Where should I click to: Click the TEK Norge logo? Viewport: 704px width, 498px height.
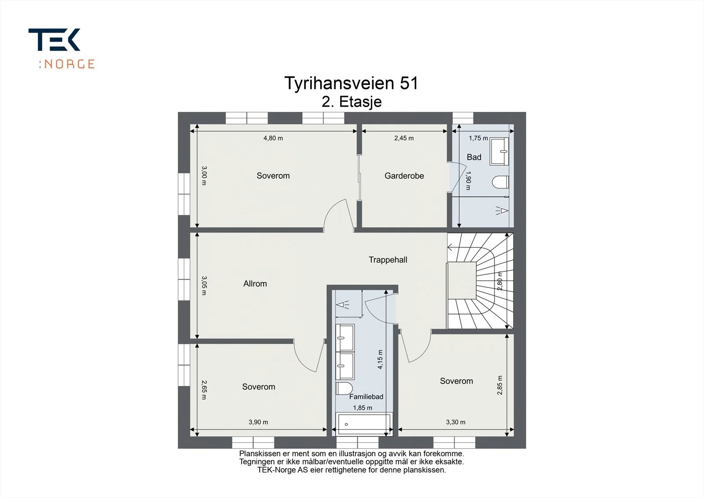tap(62, 48)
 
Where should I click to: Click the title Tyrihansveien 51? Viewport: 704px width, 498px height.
tap(352, 83)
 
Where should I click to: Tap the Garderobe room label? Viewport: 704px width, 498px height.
tap(404, 176)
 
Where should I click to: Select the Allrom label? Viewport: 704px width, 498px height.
tap(255, 284)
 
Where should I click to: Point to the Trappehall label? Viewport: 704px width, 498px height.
tap(388, 260)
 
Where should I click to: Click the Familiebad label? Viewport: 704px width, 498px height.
tap(366, 397)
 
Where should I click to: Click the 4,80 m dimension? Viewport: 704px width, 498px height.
tap(273, 138)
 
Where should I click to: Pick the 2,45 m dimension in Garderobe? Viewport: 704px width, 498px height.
tap(404, 138)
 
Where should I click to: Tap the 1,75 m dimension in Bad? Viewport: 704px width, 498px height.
tap(478, 138)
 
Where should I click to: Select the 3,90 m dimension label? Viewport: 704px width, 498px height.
tap(258, 422)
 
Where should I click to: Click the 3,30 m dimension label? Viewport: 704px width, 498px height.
tap(456, 422)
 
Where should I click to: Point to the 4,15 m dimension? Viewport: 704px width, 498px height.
tap(380, 359)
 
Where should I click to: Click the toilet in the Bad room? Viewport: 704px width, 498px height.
tap(500, 182)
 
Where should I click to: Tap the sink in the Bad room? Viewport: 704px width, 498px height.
tap(499, 151)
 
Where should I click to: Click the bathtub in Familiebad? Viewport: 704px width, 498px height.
tap(364, 424)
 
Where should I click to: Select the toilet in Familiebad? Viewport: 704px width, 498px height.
tap(344, 388)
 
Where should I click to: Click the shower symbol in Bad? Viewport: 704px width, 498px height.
tap(502, 210)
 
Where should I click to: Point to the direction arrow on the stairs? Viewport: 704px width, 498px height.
tap(450, 247)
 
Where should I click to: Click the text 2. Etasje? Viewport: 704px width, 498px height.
tap(352, 102)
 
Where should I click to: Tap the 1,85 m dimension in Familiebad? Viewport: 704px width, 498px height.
tap(363, 408)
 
